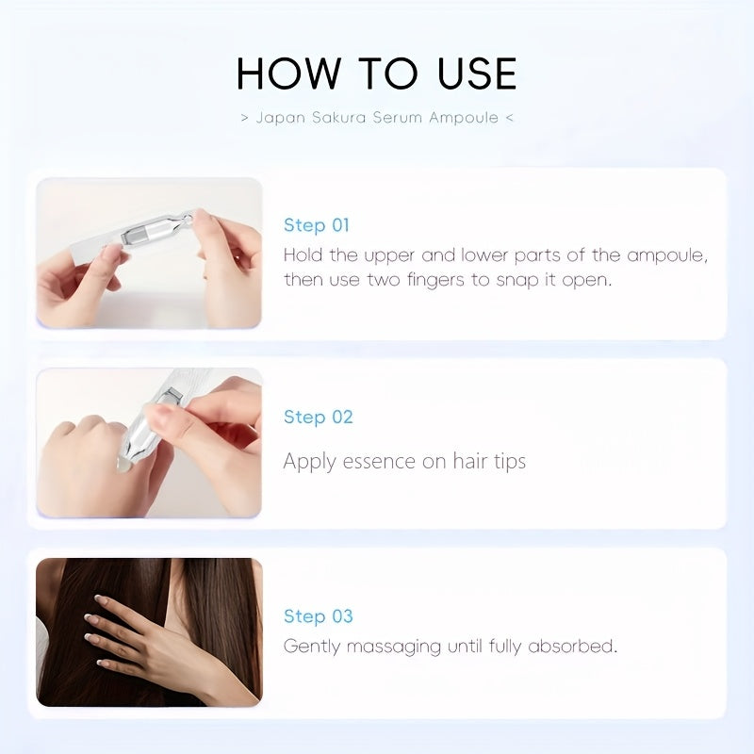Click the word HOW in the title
point(287,74)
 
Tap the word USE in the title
point(477,74)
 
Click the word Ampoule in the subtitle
point(464,118)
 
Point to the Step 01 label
point(317,225)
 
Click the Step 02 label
point(319,417)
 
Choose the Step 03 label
point(319,616)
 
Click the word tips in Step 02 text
point(510,462)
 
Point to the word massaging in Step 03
point(393,647)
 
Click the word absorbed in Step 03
point(572,646)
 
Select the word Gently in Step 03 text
point(312,647)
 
